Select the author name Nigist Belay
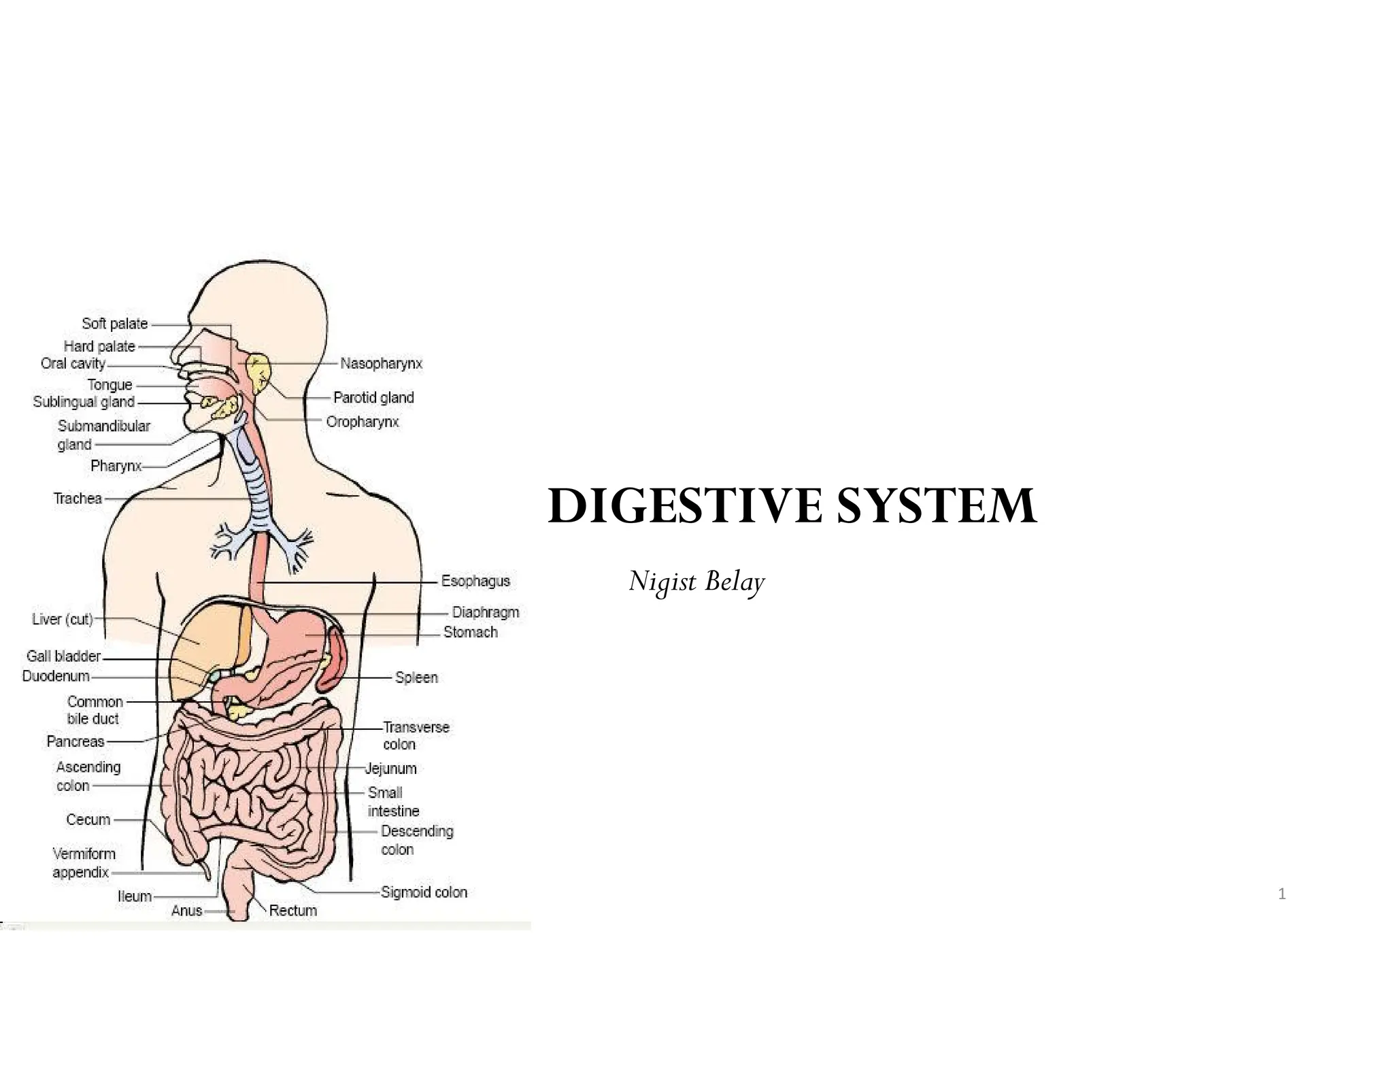[x=696, y=582]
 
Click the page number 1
[x=1281, y=894]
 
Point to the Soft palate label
[x=114, y=324]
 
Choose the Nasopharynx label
[x=381, y=364]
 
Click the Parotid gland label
[x=373, y=398]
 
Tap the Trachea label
[x=78, y=499]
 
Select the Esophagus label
[x=475, y=582]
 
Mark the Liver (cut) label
[x=62, y=620]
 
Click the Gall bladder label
[x=63, y=656]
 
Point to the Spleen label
[x=416, y=677]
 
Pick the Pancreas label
[x=75, y=741]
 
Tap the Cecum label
[x=88, y=820]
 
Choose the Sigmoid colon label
[x=424, y=892]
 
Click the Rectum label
[x=292, y=911]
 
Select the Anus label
[x=186, y=911]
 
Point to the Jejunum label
[x=390, y=769]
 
